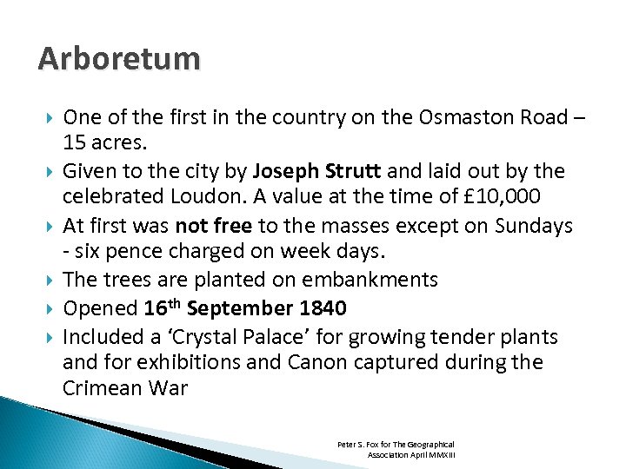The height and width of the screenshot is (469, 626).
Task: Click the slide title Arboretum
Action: tap(119, 59)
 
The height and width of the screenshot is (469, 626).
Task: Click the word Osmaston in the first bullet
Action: tap(423, 118)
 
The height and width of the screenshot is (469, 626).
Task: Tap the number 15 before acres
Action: tap(75, 143)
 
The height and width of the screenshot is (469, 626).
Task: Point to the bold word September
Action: tap(239, 308)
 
